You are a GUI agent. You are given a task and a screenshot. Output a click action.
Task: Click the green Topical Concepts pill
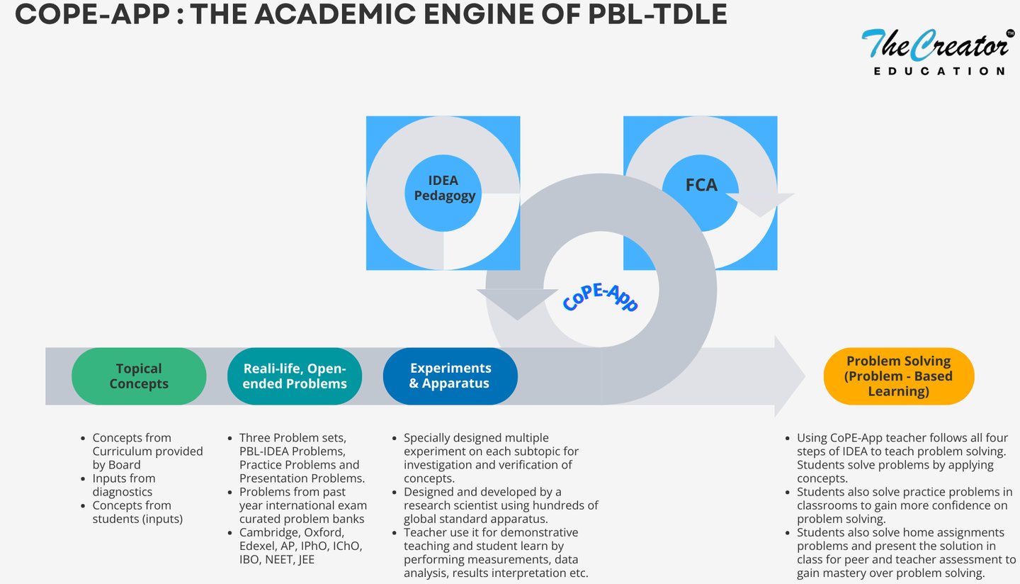(x=139, y=376)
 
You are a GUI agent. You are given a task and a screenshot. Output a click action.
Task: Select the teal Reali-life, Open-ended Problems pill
(x=295, y=376)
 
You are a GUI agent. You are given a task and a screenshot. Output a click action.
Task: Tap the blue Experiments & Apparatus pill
(x=450, y=376)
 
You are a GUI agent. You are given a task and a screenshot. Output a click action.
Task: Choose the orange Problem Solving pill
(x=899, y=376)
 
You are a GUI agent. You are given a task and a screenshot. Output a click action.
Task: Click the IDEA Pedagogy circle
(x=443, y=193)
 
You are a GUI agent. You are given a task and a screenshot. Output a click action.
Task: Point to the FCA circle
(x=701, y=193)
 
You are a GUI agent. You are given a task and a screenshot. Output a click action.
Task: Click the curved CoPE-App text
(x=600, y=298)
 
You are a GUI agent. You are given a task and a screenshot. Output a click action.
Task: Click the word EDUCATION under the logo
(x=939, y=71)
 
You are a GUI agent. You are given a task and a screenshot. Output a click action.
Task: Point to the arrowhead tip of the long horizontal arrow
(x=805, y=376)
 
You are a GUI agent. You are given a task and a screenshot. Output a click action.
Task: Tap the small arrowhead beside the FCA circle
(x=760, y=205)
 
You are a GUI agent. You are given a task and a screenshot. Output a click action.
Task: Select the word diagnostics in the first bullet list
(x=123, y=492)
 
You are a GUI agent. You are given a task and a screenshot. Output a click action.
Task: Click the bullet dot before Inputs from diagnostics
(x=83, y=479)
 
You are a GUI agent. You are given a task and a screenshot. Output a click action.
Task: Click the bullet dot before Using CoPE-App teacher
(x=788, y=438)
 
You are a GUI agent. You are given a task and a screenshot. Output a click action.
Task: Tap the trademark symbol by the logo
(x=1010, y=33)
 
